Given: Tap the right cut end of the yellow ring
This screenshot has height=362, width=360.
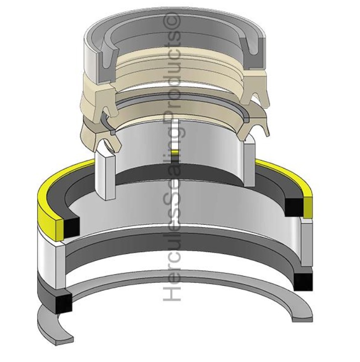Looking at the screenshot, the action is click(307, 206).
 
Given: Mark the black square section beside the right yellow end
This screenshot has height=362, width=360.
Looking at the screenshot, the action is click(294, 207).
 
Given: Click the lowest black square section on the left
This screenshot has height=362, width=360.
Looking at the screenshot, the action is click(64, 303).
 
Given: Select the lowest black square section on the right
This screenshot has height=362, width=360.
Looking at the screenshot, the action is click(303, 282).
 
